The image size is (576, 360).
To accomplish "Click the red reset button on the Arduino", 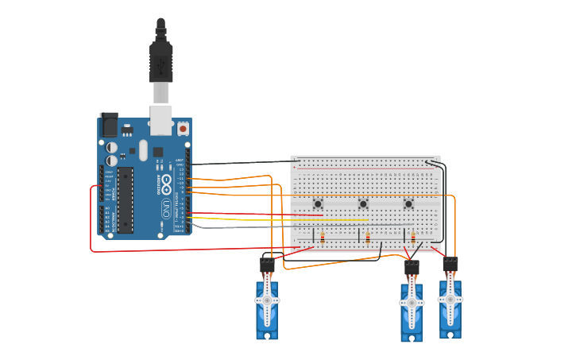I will pos(183,128).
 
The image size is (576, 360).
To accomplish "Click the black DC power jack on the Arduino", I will pos(109,124).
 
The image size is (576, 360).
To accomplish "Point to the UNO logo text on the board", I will pos(165,209).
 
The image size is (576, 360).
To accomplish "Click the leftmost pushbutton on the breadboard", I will pos(318,204).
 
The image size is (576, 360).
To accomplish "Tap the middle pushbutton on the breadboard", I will pos(363,204).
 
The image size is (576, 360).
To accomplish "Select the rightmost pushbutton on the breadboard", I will pos(408,204).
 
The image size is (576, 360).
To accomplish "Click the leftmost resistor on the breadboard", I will pos(323,238).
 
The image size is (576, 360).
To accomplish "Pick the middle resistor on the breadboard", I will pos(368,238).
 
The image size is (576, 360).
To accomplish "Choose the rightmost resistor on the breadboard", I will pos(413,238).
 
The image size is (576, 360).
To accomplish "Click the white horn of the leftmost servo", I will pos(267,300).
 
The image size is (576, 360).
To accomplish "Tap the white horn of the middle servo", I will pos(412,303).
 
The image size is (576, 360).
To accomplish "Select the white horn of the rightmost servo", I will pos(450,300).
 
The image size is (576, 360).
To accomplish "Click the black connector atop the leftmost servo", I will pos(267,265).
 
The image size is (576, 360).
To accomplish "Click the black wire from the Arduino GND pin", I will pos(238,163).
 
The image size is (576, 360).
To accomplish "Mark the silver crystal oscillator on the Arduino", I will pos(143,150).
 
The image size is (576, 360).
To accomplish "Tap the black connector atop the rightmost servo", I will pos(450,264).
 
